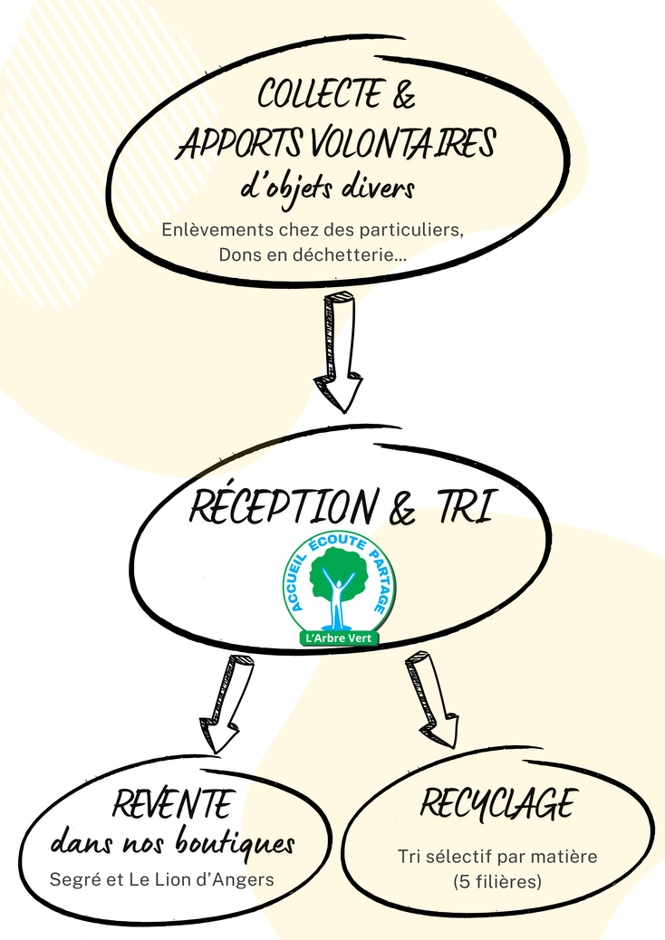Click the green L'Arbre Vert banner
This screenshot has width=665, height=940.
pyautogui.click(x=339, y=638)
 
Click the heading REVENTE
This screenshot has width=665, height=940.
pyautogui.click(x=172, y=803)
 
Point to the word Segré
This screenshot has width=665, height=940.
pyautogui.click(x=72, y=878)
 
